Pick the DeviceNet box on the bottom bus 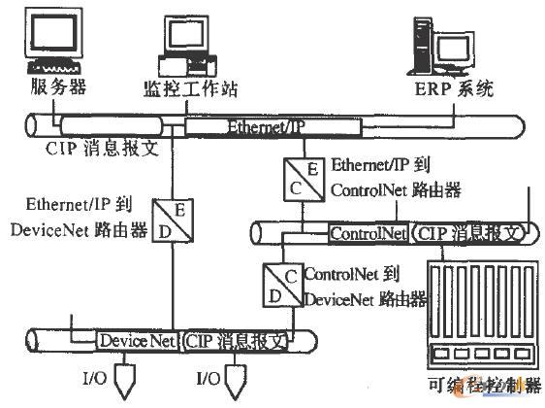click(137, 341)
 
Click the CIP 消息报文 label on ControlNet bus click(468, 233)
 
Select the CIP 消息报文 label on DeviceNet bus click(238, 341)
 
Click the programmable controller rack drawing click(481, 321)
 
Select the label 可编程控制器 click(481, 392)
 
